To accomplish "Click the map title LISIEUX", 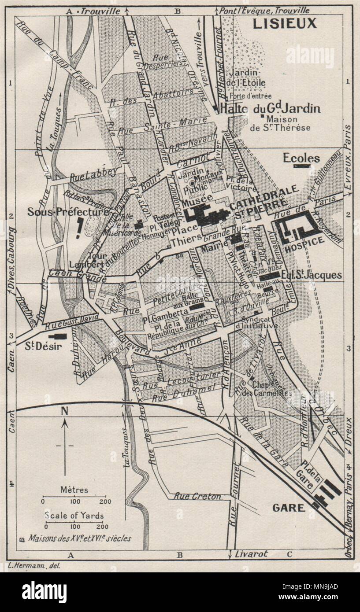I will coord(284,23).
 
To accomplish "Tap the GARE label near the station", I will coord(289,508).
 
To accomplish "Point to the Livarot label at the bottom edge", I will coord(252,554).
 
